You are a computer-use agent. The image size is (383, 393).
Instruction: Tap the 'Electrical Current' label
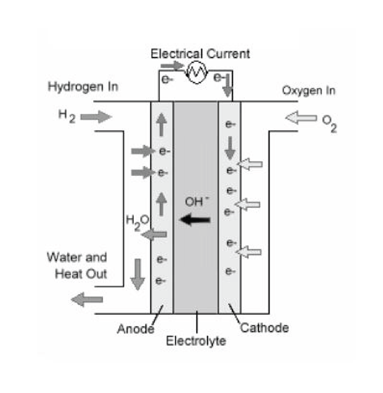[x=200, y=54]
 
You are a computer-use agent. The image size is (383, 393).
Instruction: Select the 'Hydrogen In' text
[x=83, y=87]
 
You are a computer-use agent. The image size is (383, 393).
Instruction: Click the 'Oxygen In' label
[x=308, y=91]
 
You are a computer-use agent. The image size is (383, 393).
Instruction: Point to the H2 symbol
[x=66, y=116]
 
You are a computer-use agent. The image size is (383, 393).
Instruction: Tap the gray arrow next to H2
[x=95, y=117]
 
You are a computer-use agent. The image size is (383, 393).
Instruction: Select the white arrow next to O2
[x=301, y=118]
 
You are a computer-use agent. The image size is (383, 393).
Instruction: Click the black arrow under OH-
[x=195, y=221]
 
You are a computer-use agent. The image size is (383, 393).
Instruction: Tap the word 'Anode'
[x=135, y=329]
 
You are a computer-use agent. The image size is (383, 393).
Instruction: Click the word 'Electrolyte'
[x=196, y=341]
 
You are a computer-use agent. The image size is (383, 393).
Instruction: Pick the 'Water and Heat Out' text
[x=77, y=266]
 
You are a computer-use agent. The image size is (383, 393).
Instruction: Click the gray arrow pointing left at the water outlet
[x=87, y=300]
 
